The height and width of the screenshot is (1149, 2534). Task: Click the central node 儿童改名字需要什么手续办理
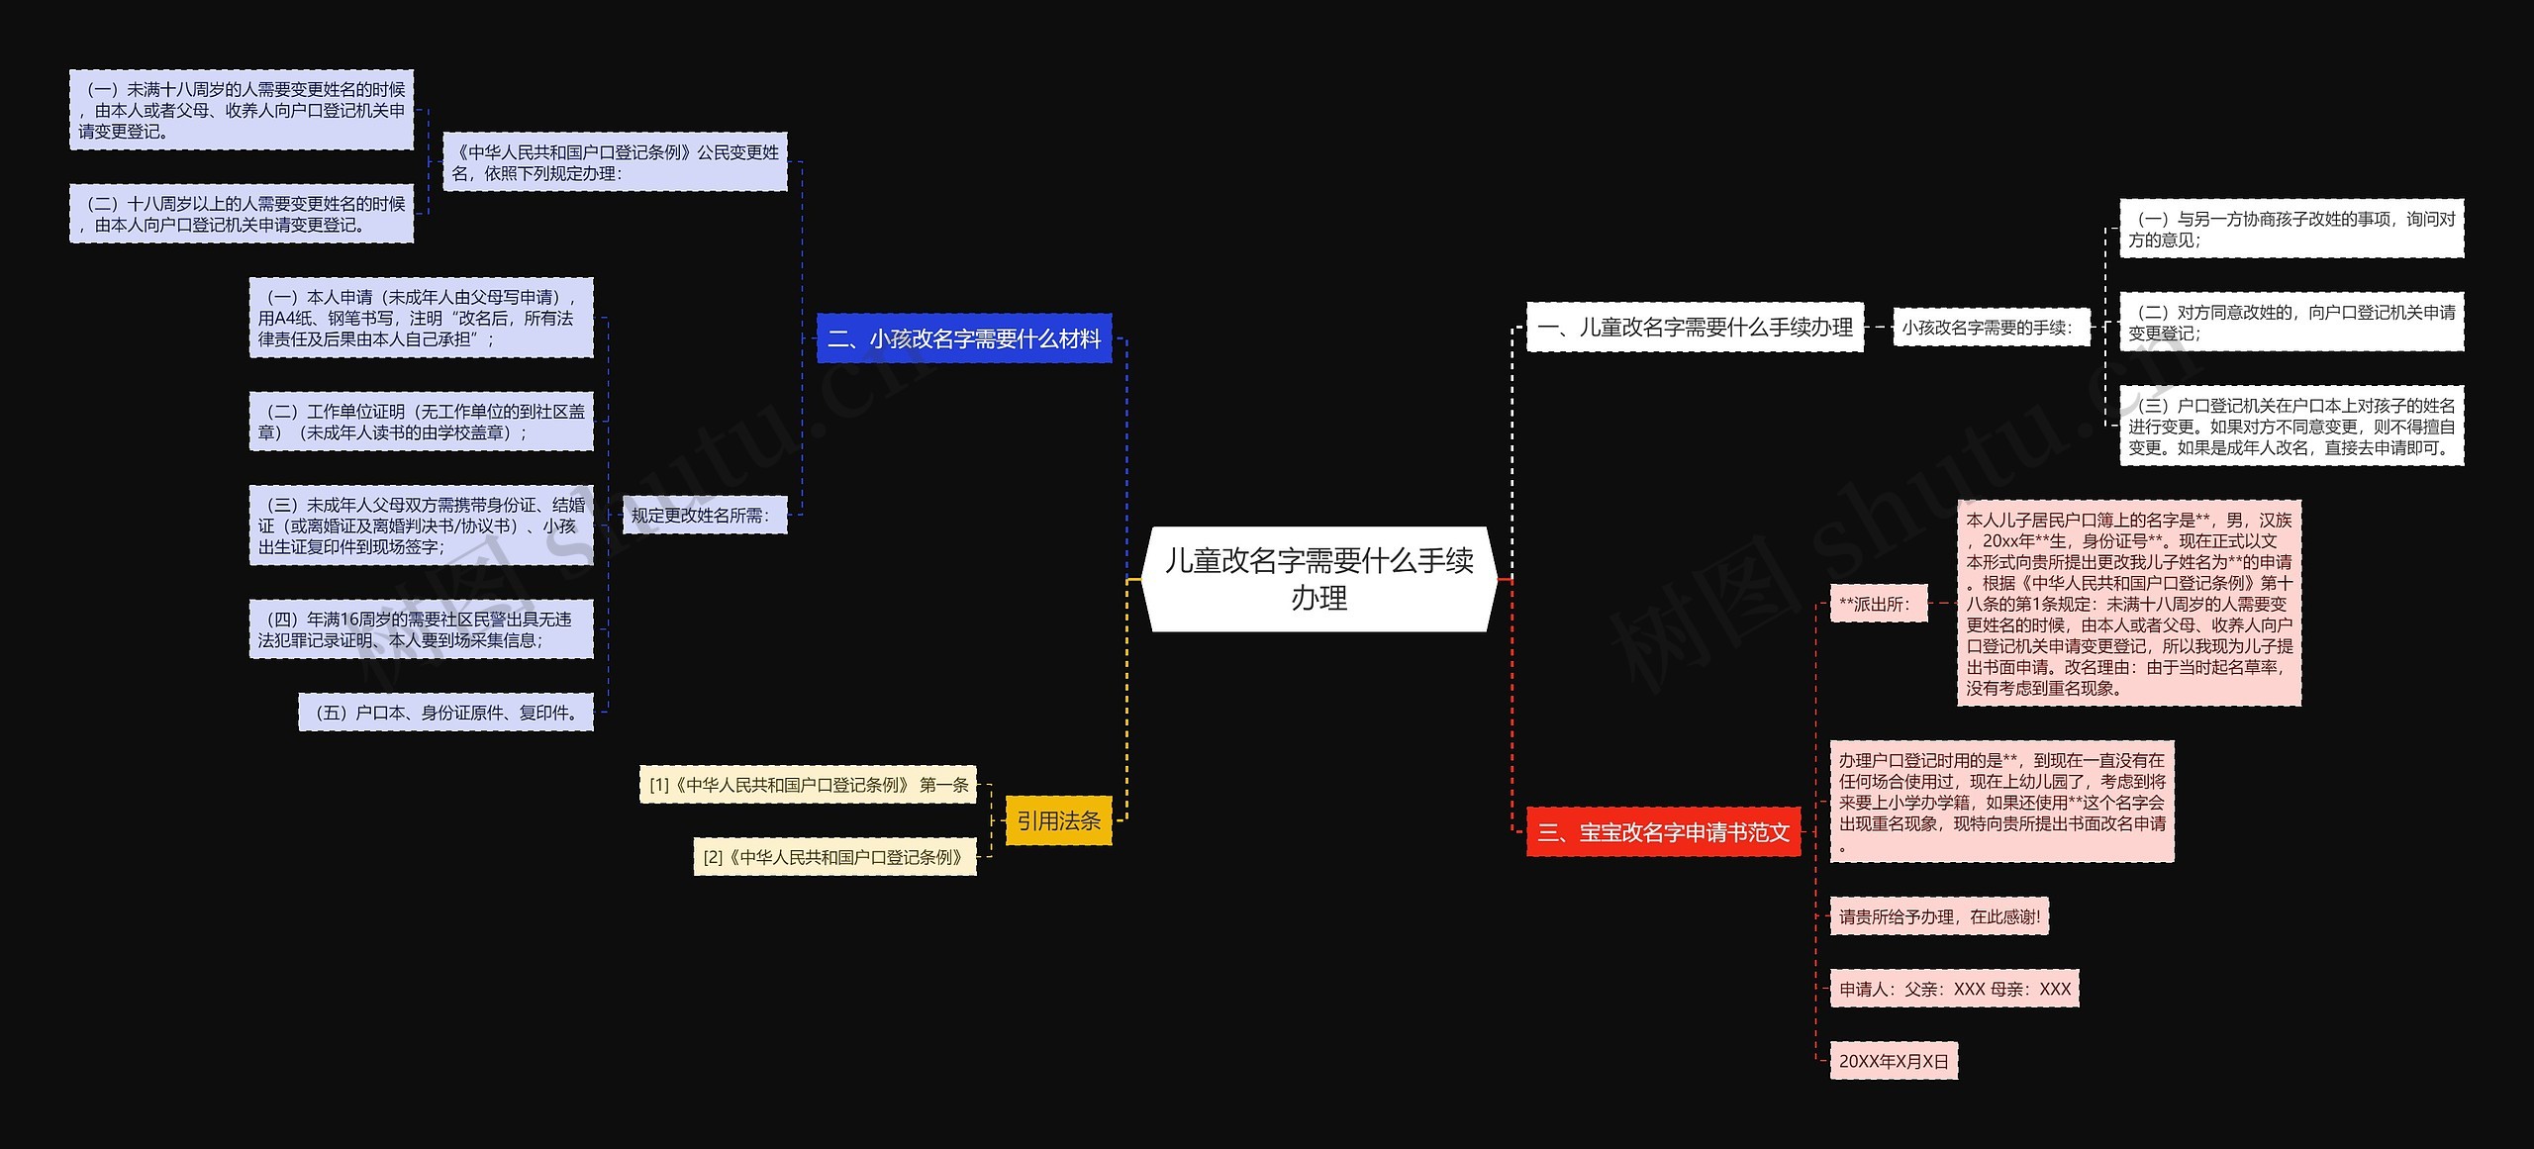1318,579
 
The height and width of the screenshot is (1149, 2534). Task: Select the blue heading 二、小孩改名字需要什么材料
964,338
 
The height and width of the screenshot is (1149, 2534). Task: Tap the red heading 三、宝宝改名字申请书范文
1663,831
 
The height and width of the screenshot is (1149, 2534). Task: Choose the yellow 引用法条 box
1058,820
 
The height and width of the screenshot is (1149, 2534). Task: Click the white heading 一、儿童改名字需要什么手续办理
1695,327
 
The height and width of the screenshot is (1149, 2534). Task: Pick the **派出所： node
1878,603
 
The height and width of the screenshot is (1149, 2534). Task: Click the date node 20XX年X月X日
1894,1061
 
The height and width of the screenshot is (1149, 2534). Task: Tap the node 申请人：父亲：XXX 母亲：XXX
1954,989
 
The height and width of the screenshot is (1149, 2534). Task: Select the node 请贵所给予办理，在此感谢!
1939,916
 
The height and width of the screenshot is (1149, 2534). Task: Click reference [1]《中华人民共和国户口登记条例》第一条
808,785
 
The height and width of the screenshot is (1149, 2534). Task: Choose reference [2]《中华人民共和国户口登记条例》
834,857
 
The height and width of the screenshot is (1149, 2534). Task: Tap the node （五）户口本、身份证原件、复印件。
445,713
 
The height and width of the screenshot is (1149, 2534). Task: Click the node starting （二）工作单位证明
421,422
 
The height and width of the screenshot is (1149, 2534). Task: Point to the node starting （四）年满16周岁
421,629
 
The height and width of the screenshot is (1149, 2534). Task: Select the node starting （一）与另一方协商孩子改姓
2290,229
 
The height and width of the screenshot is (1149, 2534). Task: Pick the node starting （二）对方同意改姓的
2290,323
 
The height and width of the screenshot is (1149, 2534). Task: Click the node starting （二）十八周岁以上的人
241,214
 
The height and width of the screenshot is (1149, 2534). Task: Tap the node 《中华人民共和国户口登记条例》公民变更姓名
615,162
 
